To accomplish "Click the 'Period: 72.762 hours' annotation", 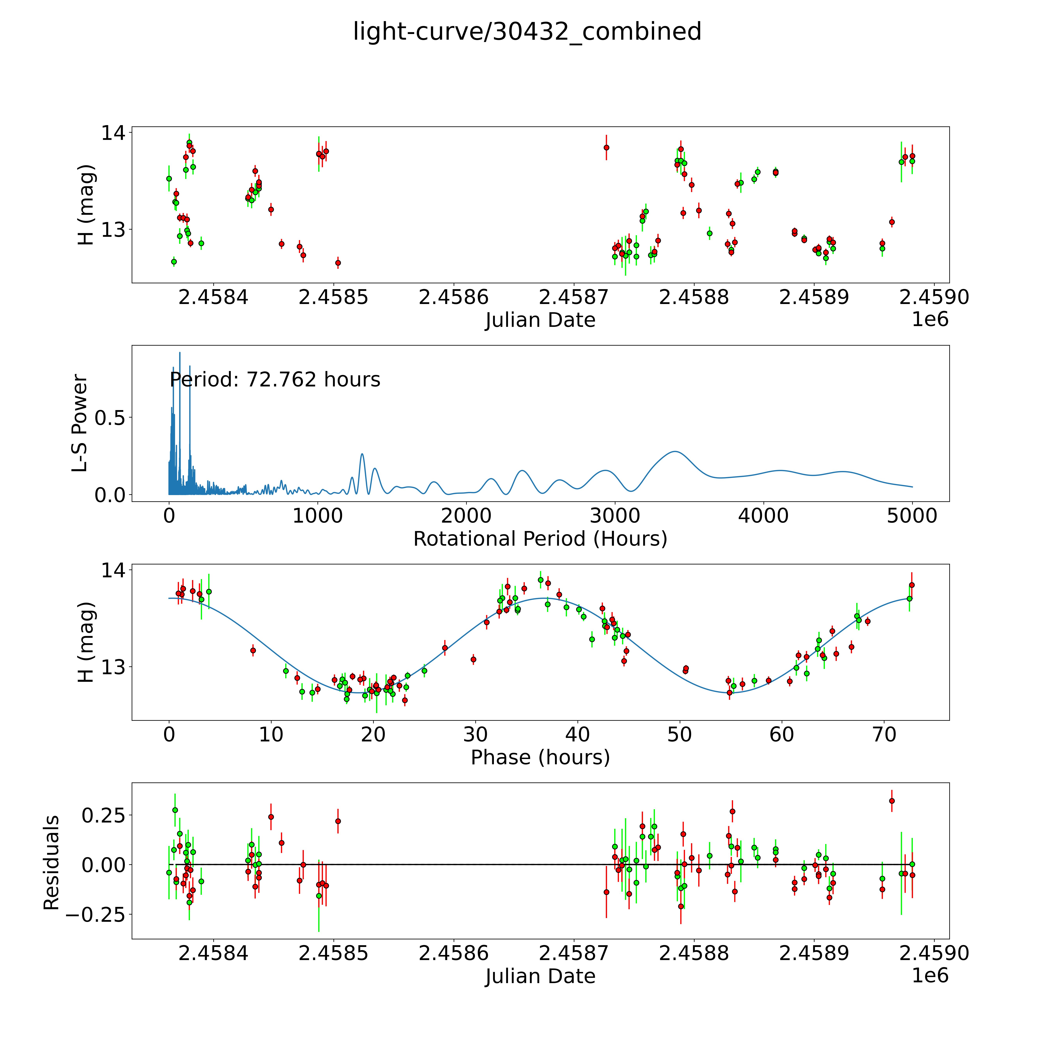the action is point(275,380).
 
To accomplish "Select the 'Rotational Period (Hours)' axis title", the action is point(540,539).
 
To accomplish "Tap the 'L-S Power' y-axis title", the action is point(80,423).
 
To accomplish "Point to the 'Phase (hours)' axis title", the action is point(540,757).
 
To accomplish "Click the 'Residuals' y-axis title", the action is point(51,863).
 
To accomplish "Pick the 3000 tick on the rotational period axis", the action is point(615,516).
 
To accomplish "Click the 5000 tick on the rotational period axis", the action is point(912,516).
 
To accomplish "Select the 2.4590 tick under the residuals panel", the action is point(934,953).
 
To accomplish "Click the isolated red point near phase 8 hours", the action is point(253,650).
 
